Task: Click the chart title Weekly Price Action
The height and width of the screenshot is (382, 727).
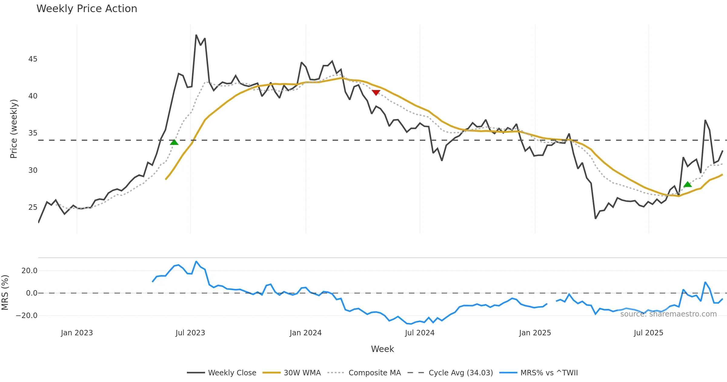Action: click(x=87, y=9)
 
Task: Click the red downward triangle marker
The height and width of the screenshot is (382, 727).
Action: click(x=376, y=92)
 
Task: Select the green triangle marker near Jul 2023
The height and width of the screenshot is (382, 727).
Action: click(x=174, y=142)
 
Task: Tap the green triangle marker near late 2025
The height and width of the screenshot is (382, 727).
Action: click(x=688, y=184)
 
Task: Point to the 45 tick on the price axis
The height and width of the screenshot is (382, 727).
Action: click(x=33, y=59)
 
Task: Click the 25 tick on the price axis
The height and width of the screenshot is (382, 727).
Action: click(x=33, y=207)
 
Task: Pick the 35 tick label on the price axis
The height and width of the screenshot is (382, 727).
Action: click(x=33, y=133)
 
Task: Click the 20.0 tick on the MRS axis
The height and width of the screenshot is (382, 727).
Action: click(x=29, y=271)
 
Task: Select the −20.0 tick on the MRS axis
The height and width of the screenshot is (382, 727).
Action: click(x=27, y=316)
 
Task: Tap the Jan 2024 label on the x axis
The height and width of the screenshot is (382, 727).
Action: click(x=305, y=333)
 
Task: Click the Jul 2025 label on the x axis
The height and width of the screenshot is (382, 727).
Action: click(x=648, y=333)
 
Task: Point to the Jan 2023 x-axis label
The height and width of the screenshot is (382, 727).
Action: click(x=77, y=333)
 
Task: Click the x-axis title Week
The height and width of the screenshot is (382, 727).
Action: click(x=382, y=349)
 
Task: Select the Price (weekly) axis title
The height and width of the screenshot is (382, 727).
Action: click(x=14, y=129)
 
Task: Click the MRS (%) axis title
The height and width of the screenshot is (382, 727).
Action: click(x=5, y=293)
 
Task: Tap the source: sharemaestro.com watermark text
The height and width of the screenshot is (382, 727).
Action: click(x=668, y=314)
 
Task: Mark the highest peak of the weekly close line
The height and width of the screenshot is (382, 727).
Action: click(x=196, y=35)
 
